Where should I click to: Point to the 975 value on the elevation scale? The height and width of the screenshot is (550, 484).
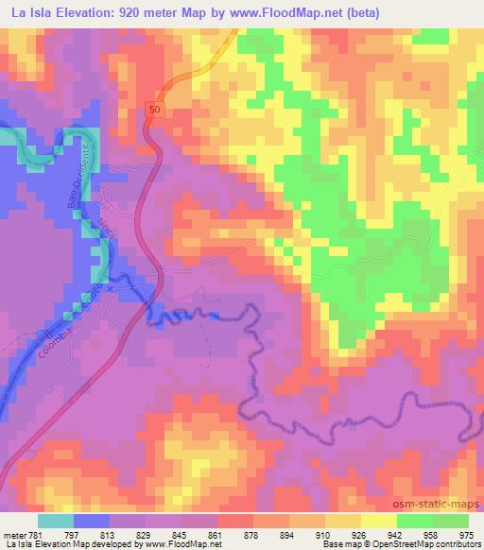(466, 536)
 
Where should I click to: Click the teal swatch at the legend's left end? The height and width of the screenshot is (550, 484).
(56, 521)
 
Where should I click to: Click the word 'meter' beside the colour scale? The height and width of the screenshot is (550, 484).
(14, 536)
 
